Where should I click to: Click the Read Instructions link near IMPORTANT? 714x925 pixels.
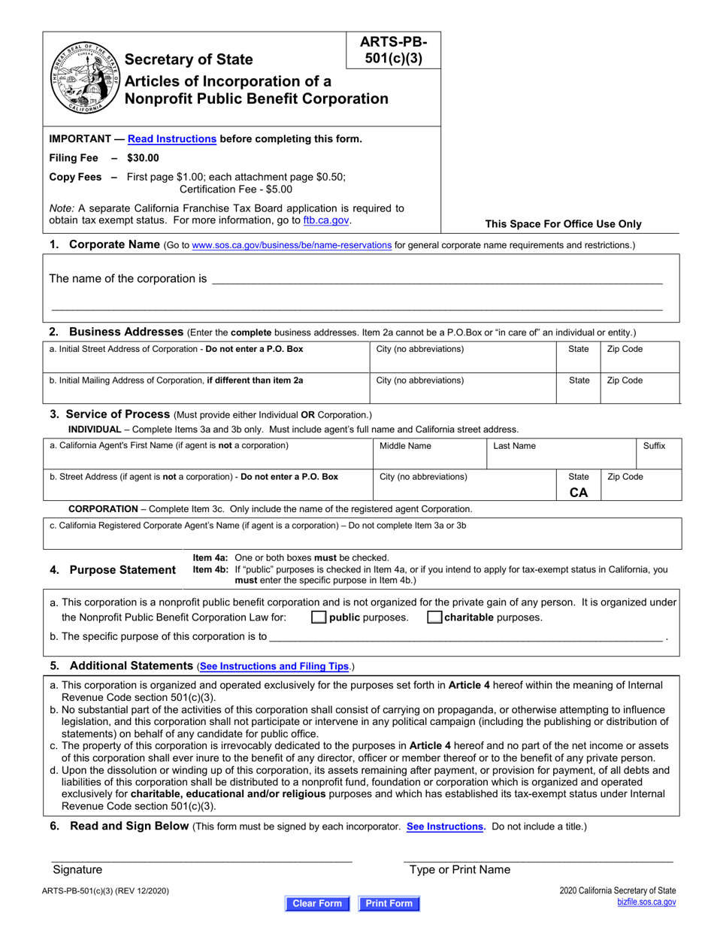(172, 138)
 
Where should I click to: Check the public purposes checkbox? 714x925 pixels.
(319, 618)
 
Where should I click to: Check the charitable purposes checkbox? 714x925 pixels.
(434, 618)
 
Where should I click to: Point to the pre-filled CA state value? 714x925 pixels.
(579, 493)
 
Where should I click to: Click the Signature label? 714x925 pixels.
(77, 870)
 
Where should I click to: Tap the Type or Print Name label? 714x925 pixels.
(459, 870)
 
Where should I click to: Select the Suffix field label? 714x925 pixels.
(654, 446)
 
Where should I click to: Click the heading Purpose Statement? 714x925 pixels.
(122, 570)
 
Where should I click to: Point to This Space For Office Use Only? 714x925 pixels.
(563, 224)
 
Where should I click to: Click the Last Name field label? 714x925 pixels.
(514, 446)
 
